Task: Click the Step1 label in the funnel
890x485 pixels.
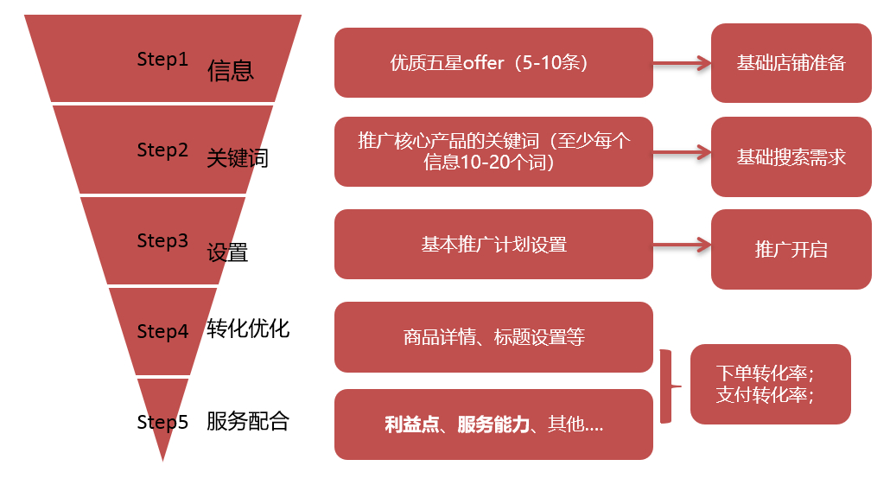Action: point(162,59)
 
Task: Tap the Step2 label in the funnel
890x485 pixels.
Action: point(162,150)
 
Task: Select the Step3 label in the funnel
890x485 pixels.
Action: point(162,241)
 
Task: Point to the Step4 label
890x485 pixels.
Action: point(162,331)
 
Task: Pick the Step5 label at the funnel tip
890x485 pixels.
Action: point(162,422)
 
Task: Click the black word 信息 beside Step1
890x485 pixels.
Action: point(231,71)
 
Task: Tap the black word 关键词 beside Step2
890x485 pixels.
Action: point(238,158)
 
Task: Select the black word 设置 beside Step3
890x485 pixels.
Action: point(227,252)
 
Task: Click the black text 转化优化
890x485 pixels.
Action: point(248,329)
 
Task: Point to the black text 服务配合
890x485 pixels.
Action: point(248,421)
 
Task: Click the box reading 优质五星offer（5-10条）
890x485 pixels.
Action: point(493,62)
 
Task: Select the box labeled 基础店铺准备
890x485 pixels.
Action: point(791,62)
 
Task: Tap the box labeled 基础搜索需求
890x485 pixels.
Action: point(791,156)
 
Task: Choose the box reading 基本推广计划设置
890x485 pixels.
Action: point(493,244)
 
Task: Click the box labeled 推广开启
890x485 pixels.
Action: point(791,249)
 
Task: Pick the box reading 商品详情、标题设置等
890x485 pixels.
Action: point(493,337)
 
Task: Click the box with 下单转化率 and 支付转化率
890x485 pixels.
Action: point(770,384)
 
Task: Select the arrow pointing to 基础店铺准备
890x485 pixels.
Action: point(682,63)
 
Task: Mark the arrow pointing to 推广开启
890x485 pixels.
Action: point(682,245)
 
